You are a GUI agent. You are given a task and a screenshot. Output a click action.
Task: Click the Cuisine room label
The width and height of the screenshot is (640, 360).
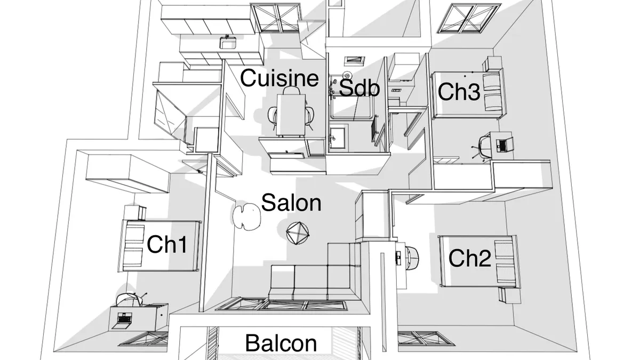click(x=279, y=78)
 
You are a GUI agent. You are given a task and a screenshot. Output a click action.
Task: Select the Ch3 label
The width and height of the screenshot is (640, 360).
click(x=459, y=92)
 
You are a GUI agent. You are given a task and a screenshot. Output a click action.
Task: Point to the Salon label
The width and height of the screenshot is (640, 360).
click(x=291, y=202)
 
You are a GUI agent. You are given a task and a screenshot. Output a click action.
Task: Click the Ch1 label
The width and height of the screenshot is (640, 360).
click(x=167, y=244)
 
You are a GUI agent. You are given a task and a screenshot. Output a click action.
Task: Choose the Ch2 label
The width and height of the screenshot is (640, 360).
click(x=470, y=258)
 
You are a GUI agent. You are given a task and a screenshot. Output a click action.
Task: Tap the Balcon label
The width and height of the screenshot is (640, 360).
click(x=281, y=343)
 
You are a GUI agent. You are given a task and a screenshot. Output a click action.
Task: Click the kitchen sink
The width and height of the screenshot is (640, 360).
click(x=228, y=43)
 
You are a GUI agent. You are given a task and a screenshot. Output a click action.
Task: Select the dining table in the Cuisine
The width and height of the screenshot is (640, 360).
click(x=291, y=115)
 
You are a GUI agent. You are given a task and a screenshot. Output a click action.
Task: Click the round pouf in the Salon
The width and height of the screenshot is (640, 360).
click(x=298, y=233)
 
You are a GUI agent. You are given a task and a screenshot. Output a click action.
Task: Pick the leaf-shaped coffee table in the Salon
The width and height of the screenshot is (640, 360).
click(x=246, y=217)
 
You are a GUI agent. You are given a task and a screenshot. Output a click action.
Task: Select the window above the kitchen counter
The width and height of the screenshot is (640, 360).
click(x=275, y=18)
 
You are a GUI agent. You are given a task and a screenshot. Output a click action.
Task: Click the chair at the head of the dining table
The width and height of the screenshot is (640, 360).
click(x=291, y=90)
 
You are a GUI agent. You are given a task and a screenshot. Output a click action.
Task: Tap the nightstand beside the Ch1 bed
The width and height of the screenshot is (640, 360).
click(x=135, y=213)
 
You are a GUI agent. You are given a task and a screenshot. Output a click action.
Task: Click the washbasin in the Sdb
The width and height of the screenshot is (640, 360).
click(x=337, y=138)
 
